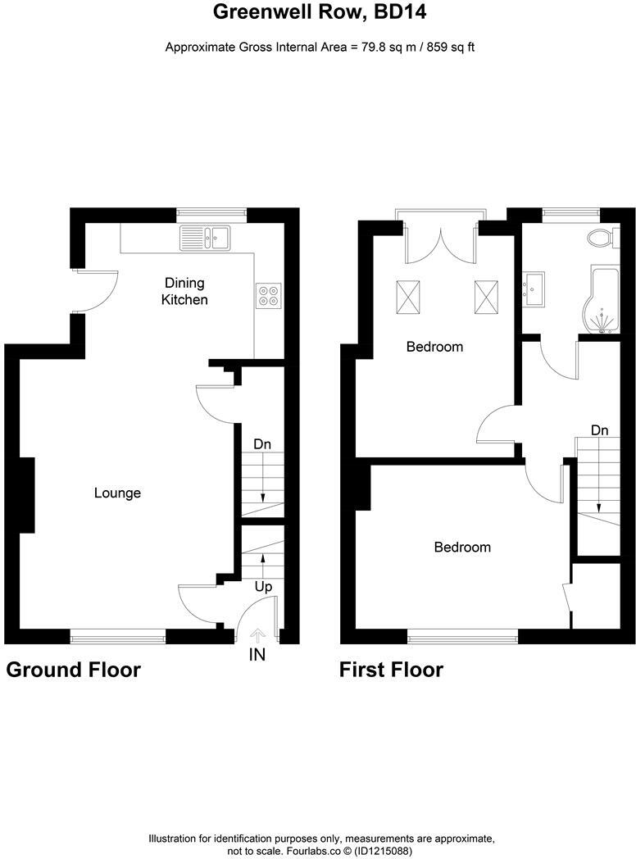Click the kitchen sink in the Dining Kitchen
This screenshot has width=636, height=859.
pyautogui.click(x=207, y=238)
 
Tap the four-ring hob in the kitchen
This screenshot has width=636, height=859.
pyautogui.click(x=269, y=294)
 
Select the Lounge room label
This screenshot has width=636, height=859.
pyautogui.click(x=117, y=493)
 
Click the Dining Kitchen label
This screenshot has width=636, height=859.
pyautogui.click(x=184, y=291)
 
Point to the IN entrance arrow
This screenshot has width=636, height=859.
pyautogui.click(x=258, y=634)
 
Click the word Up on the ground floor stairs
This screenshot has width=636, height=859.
pyautogui.click(x=263, y=588)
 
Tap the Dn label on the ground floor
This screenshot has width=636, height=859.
pyautogui.click(x=262, y=444)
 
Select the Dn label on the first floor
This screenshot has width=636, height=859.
pyautogui.click(x=600, y=429)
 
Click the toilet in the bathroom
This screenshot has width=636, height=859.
pyautogui.click(x=602, y=239)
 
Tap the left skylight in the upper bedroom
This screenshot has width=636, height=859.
pyautogui.click(x=407, y=296)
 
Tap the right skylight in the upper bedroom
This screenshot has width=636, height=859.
pyautogui.click(x=484, y=296)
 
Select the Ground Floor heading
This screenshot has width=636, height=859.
pyautogui.click(x=74, y=670)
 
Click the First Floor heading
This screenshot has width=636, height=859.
pyautogui.click(x=391, y=670)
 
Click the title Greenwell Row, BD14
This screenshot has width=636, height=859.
pyautogui.click(x=320, y=12)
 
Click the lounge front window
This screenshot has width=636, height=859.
pyautogui.click(x=117, y=632)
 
